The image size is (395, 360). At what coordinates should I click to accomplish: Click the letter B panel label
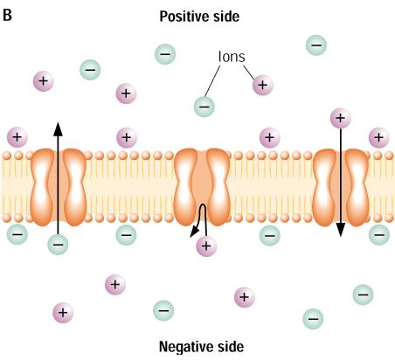click(7, 15)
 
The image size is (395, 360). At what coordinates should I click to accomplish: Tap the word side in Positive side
click(226, 17)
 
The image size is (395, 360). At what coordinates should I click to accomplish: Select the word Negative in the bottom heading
click(185, 347)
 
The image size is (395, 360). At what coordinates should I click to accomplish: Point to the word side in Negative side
click(231, 347)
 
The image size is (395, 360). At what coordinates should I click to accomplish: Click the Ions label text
click(232, 57)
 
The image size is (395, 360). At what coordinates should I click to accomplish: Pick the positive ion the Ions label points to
click(263, 85)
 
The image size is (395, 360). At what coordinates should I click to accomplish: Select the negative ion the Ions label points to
click(204, 107)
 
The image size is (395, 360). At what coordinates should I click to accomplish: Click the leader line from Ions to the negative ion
click(212, 81)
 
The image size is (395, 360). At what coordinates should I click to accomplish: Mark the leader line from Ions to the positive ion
click(249, 73)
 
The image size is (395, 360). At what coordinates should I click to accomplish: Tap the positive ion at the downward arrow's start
click(340, 118)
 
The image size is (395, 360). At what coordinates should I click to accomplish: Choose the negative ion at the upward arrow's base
click(58, 245)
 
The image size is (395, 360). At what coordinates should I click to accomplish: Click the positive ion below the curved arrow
click(206, 246)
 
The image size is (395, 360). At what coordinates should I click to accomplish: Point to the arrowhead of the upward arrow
click(58, 129)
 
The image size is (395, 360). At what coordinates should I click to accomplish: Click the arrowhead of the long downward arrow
click(340, 230)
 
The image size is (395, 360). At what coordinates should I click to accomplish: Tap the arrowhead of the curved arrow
click(194, 232)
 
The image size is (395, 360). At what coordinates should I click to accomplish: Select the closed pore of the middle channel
click(202, 186)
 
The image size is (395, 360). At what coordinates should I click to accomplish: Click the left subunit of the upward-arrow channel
click(43, 187)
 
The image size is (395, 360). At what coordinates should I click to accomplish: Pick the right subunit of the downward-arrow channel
click(357, 187)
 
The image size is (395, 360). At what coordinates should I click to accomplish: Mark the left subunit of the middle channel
click(185, 187)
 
